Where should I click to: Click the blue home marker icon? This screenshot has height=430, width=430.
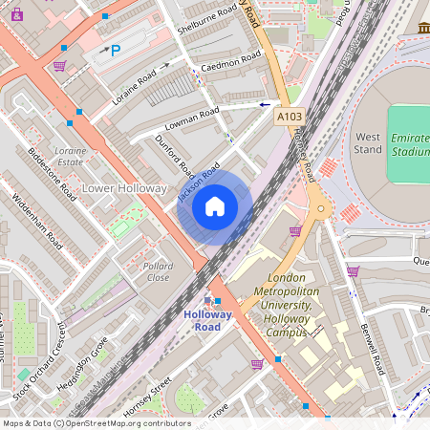tap(215, 205)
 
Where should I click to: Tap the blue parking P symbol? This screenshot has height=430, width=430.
tap(116, 51)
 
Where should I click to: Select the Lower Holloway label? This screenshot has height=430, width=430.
tap(124, 188)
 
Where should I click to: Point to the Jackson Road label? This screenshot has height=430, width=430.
tap(200, 182)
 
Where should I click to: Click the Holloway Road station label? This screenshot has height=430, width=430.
tap(202, 320)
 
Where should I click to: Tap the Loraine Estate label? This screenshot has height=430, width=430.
tap(71, 157)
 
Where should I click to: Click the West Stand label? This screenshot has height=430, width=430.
tap(368, 142)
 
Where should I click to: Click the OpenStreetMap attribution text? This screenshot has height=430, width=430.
tap(97, 423)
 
